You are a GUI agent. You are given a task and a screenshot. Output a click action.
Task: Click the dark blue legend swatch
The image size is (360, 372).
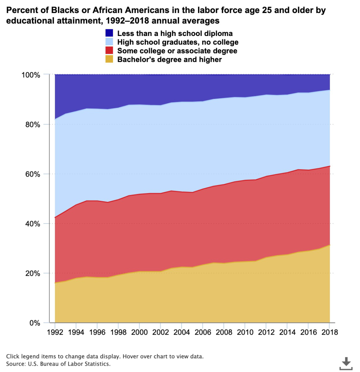point(109,33)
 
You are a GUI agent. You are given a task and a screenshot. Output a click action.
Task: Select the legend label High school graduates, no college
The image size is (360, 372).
point(178,42)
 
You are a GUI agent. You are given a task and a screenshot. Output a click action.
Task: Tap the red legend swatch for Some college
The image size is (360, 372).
point(109,51)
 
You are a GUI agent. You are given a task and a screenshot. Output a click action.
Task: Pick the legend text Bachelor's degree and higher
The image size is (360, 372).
point(170,60)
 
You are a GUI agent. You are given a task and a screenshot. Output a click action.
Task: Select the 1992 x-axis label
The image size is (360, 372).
point(55,332)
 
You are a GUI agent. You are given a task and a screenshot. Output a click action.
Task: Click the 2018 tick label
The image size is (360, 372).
point(329,332)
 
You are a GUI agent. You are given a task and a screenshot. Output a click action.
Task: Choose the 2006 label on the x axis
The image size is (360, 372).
point(203,332)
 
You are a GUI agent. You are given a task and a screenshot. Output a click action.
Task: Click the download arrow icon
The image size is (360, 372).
point(347,362)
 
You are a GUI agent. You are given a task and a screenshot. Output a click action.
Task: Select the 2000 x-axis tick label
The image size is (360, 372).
point(139,332)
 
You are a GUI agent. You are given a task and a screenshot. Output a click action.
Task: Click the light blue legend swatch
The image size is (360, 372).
point(109,42)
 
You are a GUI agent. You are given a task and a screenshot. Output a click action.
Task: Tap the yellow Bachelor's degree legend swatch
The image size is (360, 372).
point(109,60)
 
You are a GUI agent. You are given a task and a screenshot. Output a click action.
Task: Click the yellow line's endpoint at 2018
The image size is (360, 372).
point(329,245)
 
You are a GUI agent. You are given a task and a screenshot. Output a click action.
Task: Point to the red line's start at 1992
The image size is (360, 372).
point(55,217)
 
